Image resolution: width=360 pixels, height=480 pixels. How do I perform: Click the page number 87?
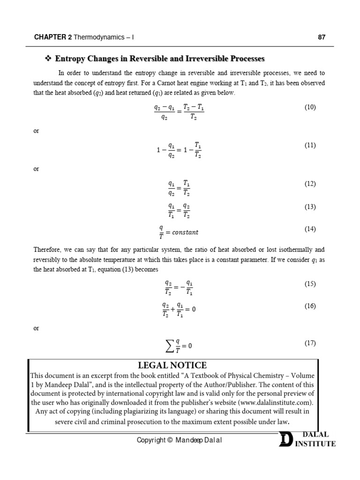[322, 37]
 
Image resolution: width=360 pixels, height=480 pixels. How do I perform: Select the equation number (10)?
[310, 107]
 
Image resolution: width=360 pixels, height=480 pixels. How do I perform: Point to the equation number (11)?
[310, 145]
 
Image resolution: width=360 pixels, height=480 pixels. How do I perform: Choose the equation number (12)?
[310, 184]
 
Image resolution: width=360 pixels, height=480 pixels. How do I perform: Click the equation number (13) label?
[310, 207]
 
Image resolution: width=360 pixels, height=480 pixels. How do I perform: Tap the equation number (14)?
[310, 229]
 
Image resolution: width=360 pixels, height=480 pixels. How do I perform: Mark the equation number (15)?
[310, 284]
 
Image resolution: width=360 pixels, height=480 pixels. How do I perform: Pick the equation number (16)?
[310, 306]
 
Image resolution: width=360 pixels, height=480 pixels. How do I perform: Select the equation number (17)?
[310, 343]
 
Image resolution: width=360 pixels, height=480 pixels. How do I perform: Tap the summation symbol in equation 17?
[167, 346]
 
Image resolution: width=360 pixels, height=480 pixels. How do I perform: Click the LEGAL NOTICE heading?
[172, 365]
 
